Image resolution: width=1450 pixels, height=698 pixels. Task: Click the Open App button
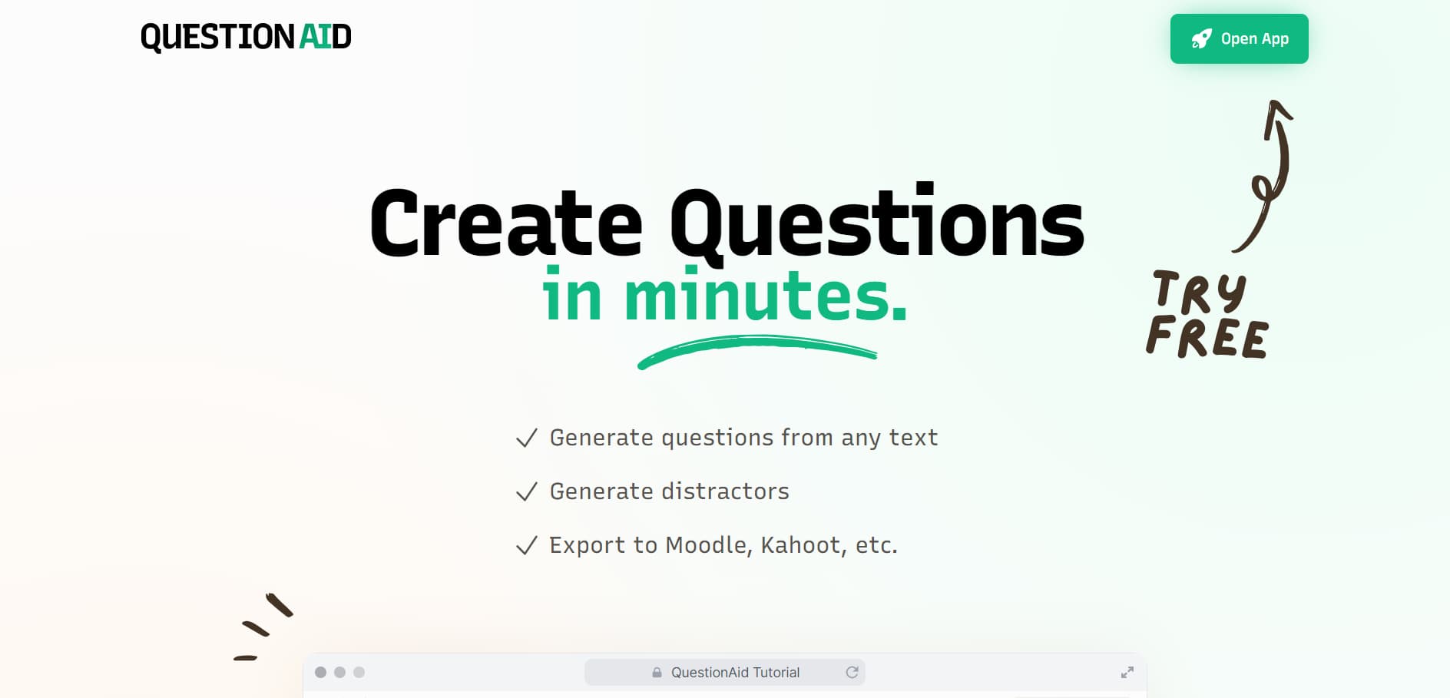click(1239, 38)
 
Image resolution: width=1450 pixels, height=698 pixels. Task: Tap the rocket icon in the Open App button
click(1201, 39)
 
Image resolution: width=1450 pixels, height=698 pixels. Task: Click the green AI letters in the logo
click(315, 37)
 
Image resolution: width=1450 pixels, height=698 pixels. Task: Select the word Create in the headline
click(506, 223)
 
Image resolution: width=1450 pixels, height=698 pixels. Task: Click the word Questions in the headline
click(876, 223)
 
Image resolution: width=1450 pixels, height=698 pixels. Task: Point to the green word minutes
click(766, 295)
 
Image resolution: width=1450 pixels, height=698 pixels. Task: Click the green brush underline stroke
click(757, 350)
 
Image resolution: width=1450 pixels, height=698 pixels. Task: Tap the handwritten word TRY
click(1200, 292)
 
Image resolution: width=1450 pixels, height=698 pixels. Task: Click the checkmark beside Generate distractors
click(527, 491)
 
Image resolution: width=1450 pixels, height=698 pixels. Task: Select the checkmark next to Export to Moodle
click(527, 545)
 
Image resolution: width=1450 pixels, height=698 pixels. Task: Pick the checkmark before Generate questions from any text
click(527, 438)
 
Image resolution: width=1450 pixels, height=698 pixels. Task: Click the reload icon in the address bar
click(852, 672)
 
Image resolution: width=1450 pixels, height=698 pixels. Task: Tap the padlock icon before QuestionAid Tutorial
click(657, 672)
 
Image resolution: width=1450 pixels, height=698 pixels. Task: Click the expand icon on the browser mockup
click(1127, 673)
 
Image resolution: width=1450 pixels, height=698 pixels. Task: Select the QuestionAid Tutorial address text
click(735, 673)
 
